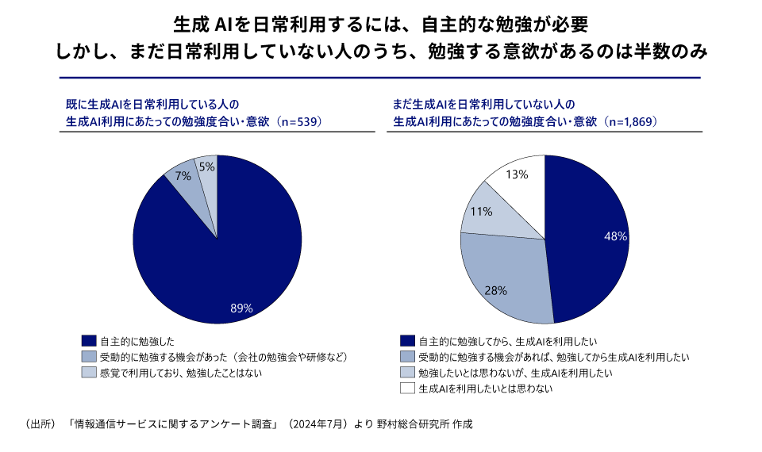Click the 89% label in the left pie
coord(241,308)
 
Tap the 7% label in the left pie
coord(183,176)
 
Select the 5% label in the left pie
coord(206,167)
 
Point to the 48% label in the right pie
coord(616,236)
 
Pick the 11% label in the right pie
coord(482,212)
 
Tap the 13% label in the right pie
coord(518,174)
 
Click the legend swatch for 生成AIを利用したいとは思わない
coord(409,389)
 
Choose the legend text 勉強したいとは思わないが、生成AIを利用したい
coord(510,373)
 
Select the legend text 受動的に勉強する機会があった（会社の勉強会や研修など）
coord(225,357)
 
